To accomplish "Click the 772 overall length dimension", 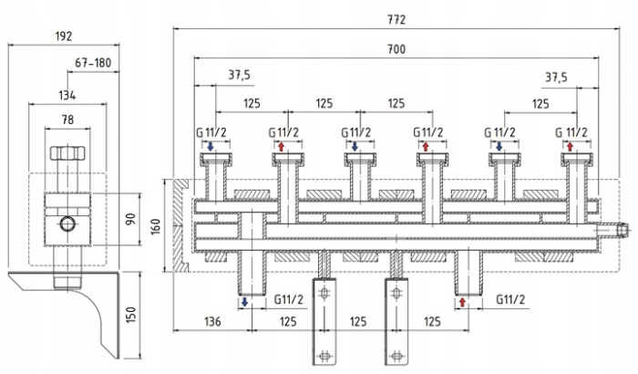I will coord(395,19).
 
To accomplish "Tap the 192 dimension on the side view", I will coord(63,36).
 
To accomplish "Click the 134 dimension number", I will coord(67,94).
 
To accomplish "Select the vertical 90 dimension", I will coord(130,220).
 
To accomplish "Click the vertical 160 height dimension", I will coord(155,224).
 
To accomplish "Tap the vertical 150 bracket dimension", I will coord(130,314).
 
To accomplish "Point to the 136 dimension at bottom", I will coord(211,321).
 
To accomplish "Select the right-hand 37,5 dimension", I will coord(557,78).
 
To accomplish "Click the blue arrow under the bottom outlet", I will coord(245,301).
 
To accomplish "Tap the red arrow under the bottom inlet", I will coord(464,301).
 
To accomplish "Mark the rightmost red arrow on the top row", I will coord(571,146).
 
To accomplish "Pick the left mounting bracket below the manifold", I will coord(323,320).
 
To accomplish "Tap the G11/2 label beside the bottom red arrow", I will coord(511,299).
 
